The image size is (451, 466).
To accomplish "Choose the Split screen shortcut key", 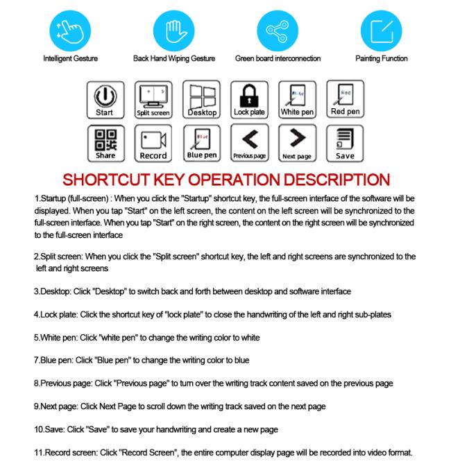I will click(x=153, y=100).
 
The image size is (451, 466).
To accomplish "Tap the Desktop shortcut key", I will click(x=201, y=100).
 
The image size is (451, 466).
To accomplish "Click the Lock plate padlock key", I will click(x=249, y=100).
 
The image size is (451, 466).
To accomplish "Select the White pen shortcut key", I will click(x=297, y=100).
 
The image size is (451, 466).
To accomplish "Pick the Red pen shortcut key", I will click(x=345, y=100).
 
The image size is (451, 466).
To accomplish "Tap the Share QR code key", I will click(x=105, y=144).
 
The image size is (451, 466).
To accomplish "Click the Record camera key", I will click(x=153, y=144).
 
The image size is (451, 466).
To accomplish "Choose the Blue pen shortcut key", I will click(x=201, y=144).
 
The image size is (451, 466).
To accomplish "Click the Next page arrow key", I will click(x=297, y=144).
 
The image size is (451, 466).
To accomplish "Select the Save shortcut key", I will click(x=345, y=144).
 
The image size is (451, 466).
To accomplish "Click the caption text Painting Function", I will click(x=381, y=59).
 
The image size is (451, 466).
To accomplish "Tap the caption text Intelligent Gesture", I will click(x=70, y=59).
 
